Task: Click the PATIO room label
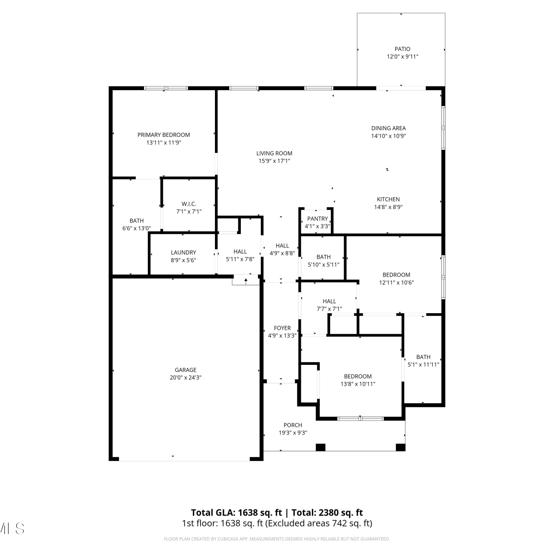pyautogui.click(x=402, y=49)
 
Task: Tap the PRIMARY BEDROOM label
pyautogui.click(x=164, y=135)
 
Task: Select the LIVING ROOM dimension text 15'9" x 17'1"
pyautogui.click(x=274, y=161)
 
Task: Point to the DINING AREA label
pyautogui.click(x=389, y=128)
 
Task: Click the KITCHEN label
pyautogui.click(x=388, y=199)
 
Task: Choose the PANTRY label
pyautogui.click(x=318, y=219)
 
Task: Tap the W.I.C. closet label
pyautogui.click(x=189, y=204)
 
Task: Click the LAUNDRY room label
pyautogui.click(x=183, y=253)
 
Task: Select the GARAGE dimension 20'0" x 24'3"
pyautogui.click(x=185, y=377)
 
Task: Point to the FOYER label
pyautogui.click(x=282, y=328)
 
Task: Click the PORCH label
pyautogui.click(x=293, y=425)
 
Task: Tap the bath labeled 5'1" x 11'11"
pyautogui.click(x=423, y=365)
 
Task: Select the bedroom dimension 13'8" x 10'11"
pyautogui.click(x=358, y=384)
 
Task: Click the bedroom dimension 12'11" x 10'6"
pyautogui.click(x=396, y=283)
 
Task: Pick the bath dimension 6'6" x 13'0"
pyautogui.click(x=137, y=228)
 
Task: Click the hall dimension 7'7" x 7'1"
pyautogui.click(x=329, y=309)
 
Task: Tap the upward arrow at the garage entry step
pyautogui.click(x=246, y=281)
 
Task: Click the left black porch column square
pyautogui.click(x=321, y=447)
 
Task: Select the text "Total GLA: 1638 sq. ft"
pyautogui.click(x=236, y=513)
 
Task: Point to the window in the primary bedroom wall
pyautogui.click(x=166, y=88)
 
